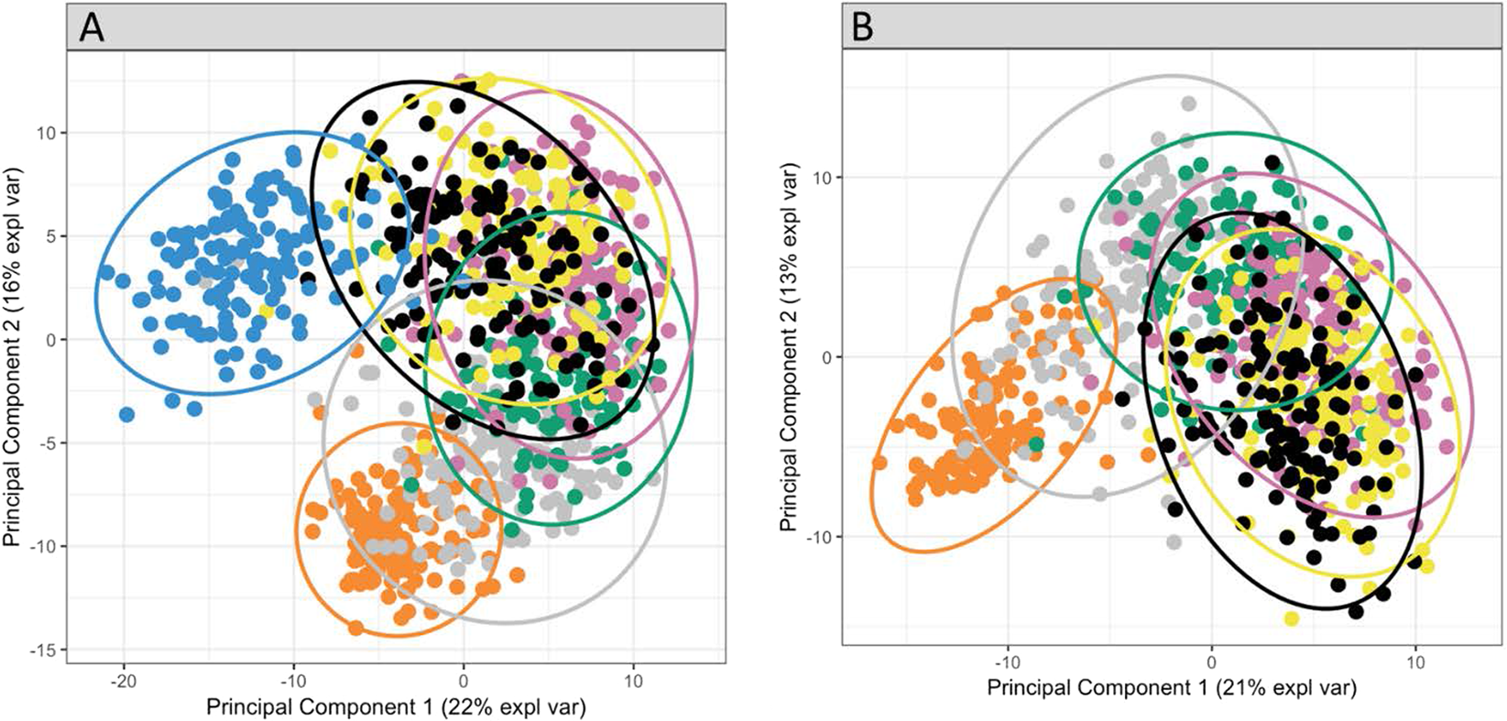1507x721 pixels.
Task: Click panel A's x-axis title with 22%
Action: (396, 707)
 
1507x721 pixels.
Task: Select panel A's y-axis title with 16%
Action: (15, 359)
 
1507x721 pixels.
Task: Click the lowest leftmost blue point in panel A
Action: (127, 415)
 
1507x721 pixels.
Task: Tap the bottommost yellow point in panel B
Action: (1292, 618)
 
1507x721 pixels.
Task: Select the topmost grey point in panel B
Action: (1188, 104)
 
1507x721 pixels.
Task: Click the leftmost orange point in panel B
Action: (880, 463)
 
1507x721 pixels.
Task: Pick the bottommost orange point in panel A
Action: (356, 628)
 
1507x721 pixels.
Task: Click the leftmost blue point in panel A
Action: (107, 272)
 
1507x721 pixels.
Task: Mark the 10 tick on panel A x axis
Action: (632, 683)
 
